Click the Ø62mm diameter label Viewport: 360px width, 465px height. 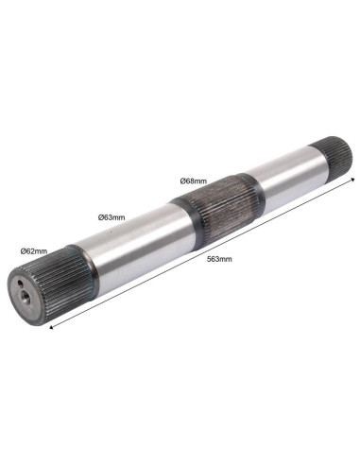(x=34, y=251)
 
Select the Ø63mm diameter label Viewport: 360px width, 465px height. (x=111, y=217)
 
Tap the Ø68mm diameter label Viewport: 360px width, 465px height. (x=194, y=181)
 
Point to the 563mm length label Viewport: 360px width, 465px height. (x=219, y=259)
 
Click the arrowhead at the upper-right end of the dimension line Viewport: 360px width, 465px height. (x=353, y=180)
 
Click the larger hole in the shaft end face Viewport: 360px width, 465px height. (x=25, y=296)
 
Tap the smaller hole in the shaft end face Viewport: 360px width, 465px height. (x=21, y=284)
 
